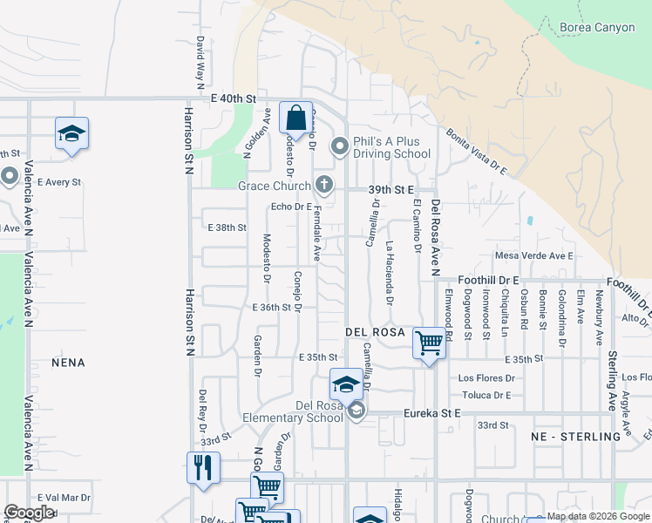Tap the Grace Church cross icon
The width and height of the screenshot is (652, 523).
point(324,185)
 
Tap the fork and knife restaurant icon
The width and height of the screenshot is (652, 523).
point(203,466)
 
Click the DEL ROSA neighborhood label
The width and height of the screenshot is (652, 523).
point(375,332)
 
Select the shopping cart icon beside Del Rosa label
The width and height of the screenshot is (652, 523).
point(428,343)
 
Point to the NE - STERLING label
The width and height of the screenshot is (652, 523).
point(575,436)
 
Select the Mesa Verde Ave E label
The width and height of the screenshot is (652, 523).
point(533,255)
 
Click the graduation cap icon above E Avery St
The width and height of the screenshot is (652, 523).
point(71,133)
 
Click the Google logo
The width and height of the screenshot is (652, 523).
point(29,513)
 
